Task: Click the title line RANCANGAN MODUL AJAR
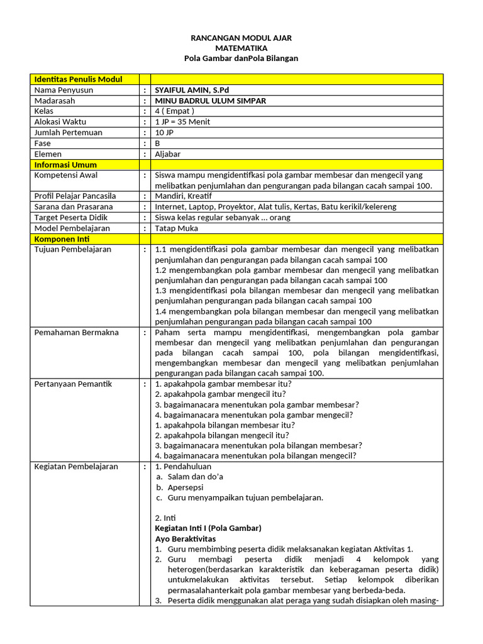click(x=241, y=38)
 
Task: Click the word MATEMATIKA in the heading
click(x=241, y=48)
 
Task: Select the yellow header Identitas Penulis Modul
click(x=78, y=79)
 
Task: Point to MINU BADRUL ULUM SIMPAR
click(x=210, y=101)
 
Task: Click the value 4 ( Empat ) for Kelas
click(x=175, y=111)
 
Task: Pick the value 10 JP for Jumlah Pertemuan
click(x=164, y=133)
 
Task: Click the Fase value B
click(x=157, y=143)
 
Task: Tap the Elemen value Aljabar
click(x=167, y=154)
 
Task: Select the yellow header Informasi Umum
click(x=65, y=165)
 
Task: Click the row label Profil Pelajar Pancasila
click(x=75, y=196)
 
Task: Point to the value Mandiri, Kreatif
click(x=183, y=196)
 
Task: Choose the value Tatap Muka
click(x=177, y=228)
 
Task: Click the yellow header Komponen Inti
click(x=62, y=239)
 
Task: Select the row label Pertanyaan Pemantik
click(x=73, y=384)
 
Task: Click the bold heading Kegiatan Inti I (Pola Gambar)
click(x=208, y=528)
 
